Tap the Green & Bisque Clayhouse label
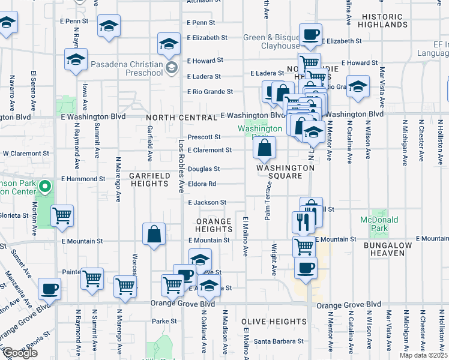tap(271, 41)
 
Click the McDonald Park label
tap(380, 224)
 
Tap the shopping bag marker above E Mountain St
tap(154, 234)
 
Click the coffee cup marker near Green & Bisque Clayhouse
tap(310, 34)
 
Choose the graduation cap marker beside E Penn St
tap(109, 26)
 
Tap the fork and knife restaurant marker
tap(303, 221)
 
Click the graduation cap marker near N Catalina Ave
tap(358, 86)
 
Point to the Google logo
tap(20, 353)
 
